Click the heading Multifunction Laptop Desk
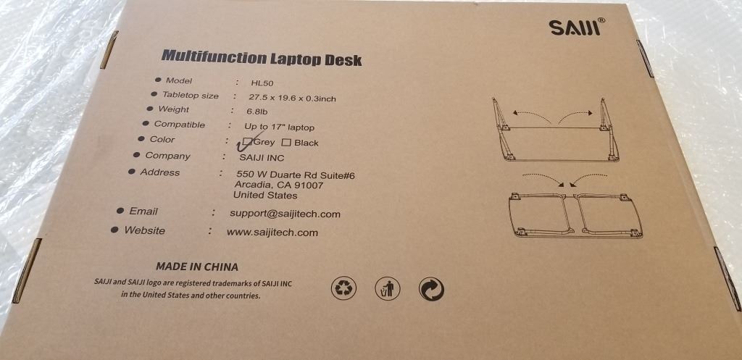(261, 57)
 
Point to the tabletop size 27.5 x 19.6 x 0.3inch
(292, 99)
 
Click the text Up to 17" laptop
(279, 127)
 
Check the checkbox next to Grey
(247, 141)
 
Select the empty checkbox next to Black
(285, 143)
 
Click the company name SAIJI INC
(262, 158)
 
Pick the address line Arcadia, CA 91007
(279, 185)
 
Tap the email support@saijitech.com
(285, 214)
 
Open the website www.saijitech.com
(272, 233)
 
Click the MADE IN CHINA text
(197, 267)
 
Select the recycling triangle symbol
(343, 288)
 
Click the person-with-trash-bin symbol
(388, 288)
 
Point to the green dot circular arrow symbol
(432, 289)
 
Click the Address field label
(160, 172)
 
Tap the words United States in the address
(265, 195)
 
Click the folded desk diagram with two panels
(575, 215)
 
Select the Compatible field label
(180, 125)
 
